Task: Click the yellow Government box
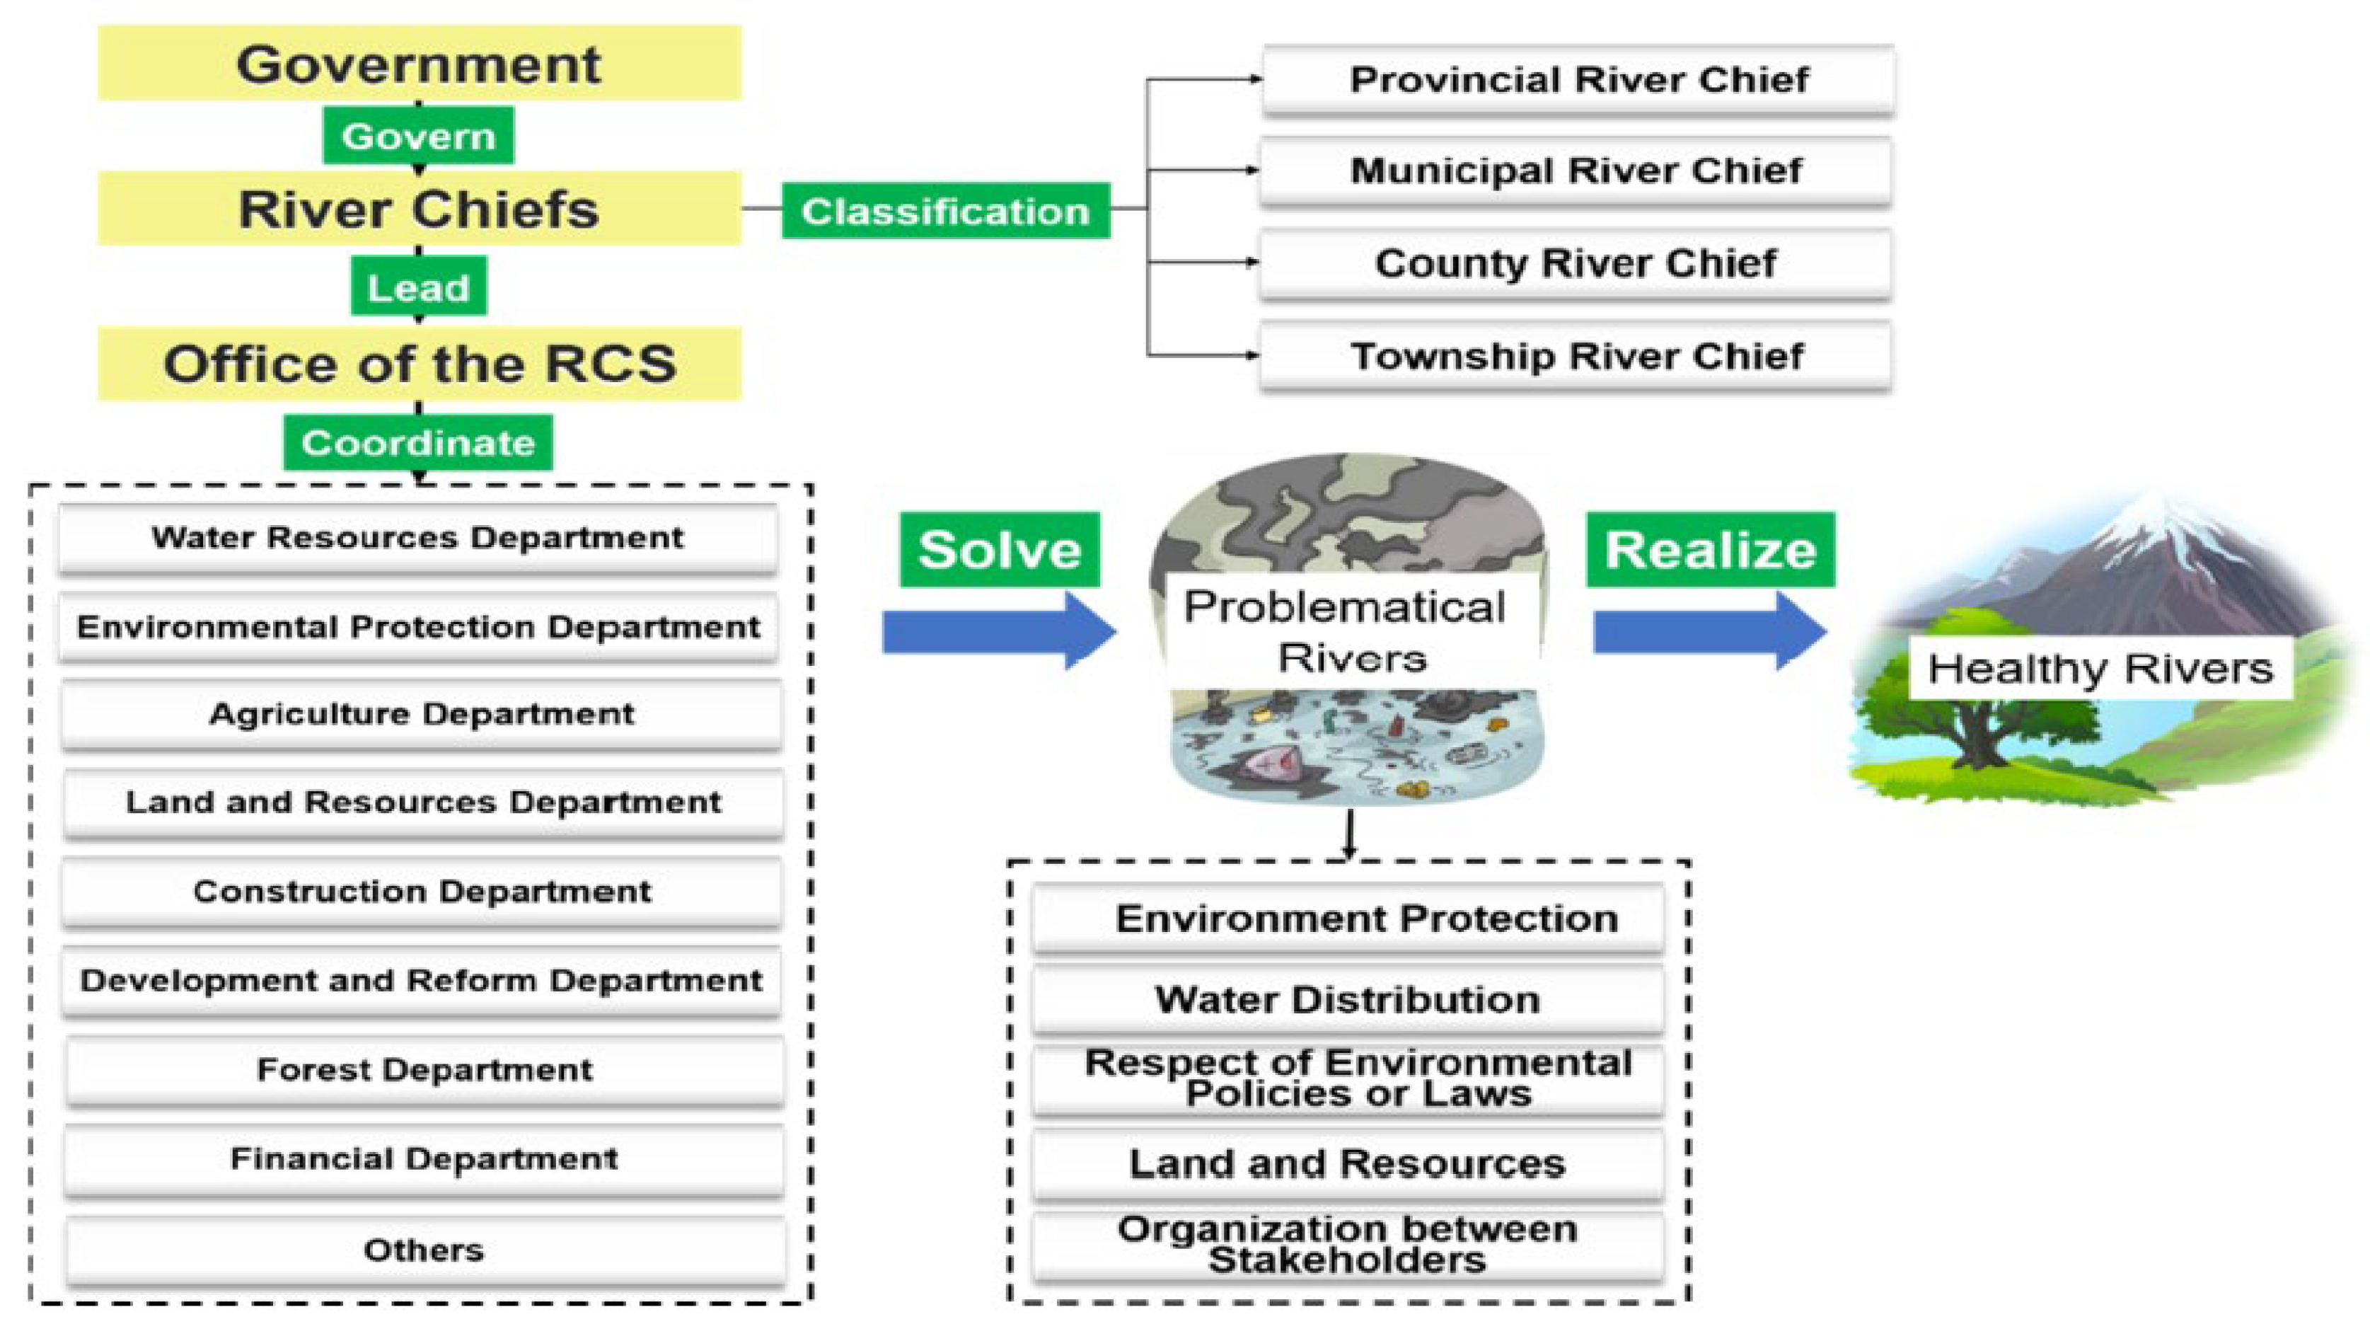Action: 419,64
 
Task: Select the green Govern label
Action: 419,136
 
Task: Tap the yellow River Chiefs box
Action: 419,209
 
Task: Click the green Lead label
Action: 419,288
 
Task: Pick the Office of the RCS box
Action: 419,364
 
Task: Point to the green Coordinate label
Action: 419,442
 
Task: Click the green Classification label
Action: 945,212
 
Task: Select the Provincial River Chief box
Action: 1578,80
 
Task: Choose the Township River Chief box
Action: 1576,356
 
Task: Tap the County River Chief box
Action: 1576,264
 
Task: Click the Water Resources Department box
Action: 419,537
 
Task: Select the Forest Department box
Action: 424,1069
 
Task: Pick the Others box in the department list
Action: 424,1250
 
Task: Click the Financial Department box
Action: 424,1158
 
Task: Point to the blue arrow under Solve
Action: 998,631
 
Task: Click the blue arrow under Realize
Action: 1709,631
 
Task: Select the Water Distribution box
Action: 1348,1000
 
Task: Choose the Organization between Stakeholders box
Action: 1348,1245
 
